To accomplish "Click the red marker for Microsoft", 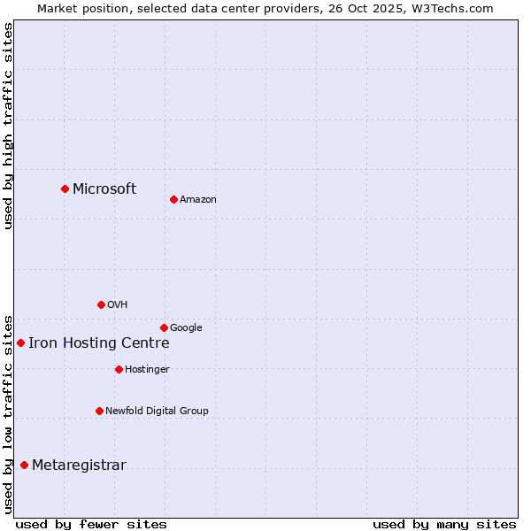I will [65, 189].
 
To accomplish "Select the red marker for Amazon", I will [173, 199].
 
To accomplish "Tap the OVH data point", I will [101, 304].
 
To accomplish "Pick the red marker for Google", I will [164, 327].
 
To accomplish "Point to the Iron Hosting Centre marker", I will [20, 342].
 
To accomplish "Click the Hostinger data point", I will [119, 369].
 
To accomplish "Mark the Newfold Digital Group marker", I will [99, 411].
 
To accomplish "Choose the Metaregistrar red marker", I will [24, 465].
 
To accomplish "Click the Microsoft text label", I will [104, 189].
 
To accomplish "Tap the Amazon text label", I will [198, 199].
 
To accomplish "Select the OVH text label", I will [118, 304].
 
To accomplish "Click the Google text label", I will [186, 327].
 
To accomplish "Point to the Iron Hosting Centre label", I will [98, 342].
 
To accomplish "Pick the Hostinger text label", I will [147, 369].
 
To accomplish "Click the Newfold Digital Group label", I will [157, 411].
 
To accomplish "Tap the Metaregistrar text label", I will [79, 465].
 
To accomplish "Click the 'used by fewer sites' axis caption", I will [91, 524].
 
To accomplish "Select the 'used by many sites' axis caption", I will [444, 524].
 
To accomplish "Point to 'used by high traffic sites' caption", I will [8, 126].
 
